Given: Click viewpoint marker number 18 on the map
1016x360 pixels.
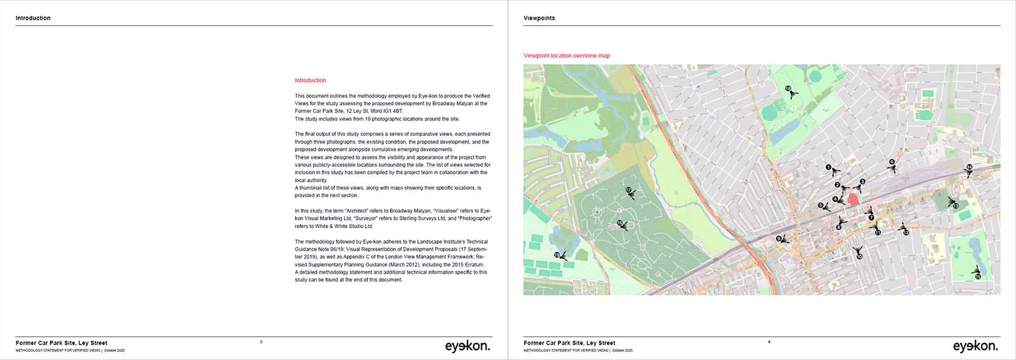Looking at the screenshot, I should [789, 89].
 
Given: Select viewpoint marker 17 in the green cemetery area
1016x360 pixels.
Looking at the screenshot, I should [629, 190].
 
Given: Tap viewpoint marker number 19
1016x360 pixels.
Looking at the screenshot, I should [558, 255].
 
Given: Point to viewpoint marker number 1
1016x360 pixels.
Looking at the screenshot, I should [829, 167].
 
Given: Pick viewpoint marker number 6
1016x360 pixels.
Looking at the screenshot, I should [892, 162].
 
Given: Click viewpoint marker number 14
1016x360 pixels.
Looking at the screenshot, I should [969, 167].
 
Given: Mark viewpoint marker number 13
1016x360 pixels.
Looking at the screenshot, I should [955, 206].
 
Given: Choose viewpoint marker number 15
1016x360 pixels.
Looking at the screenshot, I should [978, 276].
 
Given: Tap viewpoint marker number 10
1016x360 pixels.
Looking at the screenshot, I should [859, 257].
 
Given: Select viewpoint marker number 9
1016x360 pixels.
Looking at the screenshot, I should [779, 239].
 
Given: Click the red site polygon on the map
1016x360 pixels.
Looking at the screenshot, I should [853, 199].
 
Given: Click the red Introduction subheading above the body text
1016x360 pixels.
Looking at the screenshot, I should [311, 81].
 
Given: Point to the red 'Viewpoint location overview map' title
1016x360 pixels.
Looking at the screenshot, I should [566, 56].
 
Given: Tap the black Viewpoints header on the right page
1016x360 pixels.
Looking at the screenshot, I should [539, 18].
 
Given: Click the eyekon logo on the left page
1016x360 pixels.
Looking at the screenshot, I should [467, 346].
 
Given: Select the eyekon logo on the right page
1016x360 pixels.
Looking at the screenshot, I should [975, 346].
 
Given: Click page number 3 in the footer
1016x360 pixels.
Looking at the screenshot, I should [261, 342].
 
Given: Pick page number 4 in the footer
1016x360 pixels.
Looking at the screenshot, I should [769, 342].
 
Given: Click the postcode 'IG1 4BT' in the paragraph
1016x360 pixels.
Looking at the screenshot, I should [392, 111].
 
